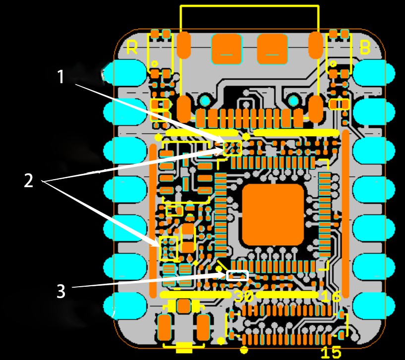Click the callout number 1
[60, 77]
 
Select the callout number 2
[28, 181]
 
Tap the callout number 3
[61, 291]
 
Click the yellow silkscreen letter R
[132, 47]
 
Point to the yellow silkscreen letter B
[365, 47]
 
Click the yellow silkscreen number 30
[244, 296]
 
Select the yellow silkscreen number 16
[332, 296]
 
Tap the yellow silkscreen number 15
[331, 352]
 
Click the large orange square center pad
[273, 214]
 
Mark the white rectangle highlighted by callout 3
[237, 276]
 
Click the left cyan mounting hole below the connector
[205, 101]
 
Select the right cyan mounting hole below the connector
[293, 101]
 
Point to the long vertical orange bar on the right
[346, 214]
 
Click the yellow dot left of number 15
[244, 350]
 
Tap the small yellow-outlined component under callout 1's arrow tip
[232, 148]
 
